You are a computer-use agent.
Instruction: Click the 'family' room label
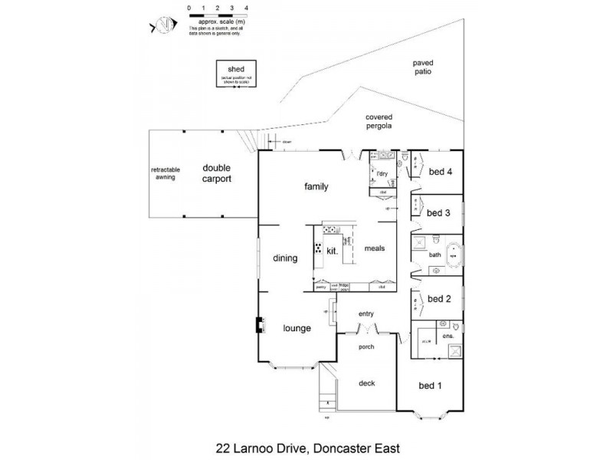[x=316, y=186]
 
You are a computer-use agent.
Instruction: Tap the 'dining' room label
[x=284, y=258]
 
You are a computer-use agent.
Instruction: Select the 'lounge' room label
[x=297, y=328]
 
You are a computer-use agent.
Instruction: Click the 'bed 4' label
[x=440, y=172]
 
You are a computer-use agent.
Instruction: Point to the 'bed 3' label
[x=438, y=212]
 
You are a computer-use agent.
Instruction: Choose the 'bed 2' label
[x=438, y=299]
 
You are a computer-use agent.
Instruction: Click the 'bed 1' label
[x=429, y=385]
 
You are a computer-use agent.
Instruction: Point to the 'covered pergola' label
[x=379, y=121]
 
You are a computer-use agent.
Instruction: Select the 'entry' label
[x=368, y=314]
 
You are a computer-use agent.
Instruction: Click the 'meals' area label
[x=374, y=249]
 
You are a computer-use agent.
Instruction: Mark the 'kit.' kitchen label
[x=333, y=251]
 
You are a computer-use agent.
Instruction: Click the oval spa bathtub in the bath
[x=454, y=252]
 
